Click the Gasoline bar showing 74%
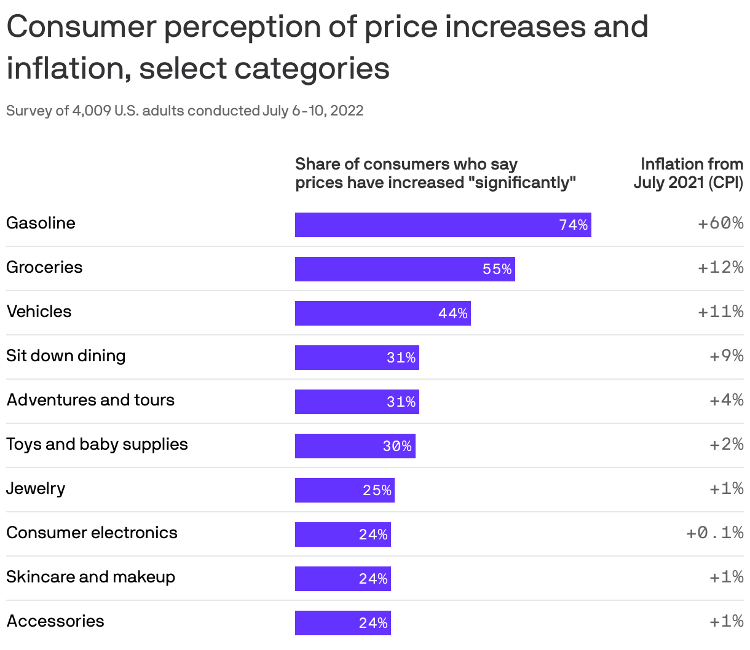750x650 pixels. tap(443, 225)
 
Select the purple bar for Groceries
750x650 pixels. tap(405, 269)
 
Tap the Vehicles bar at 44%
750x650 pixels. tap(382, 313)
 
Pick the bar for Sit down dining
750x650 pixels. tap(357, 358)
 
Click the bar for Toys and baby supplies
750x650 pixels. tap(355, 446)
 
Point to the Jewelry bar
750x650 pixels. tap(344, 490)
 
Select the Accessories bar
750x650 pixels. tap(342, 623)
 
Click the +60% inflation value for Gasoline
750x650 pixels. tap(720, 223)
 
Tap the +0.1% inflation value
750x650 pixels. tap(714, 533)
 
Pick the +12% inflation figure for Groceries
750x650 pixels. tap(720, 267)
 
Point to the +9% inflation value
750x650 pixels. tap(726, 356)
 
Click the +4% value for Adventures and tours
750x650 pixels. tap(726, 400)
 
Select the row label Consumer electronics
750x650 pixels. tap(92, 533)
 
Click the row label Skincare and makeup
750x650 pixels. tap(90, 577)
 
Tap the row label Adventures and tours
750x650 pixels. tap(90, 400)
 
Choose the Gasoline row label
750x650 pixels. tap(41, 223)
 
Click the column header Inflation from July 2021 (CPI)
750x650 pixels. tap(689, 173)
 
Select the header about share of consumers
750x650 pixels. tap(435, 173)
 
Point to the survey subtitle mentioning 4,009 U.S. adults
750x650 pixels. tap(184, 111)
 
